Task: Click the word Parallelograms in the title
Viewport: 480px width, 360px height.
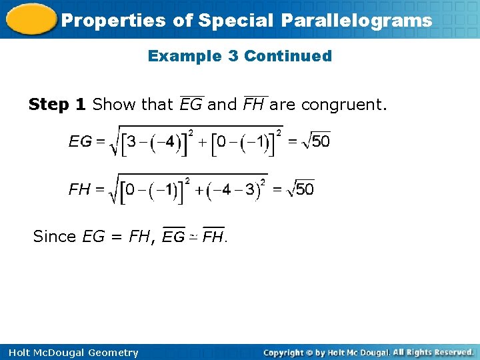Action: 357,21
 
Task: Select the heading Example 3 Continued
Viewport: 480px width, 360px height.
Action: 239,56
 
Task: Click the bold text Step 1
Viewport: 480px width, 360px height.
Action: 57,104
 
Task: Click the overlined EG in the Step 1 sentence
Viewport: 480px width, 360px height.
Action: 191,104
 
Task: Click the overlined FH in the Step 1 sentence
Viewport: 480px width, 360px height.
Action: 254,104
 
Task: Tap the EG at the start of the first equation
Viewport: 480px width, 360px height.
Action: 81,141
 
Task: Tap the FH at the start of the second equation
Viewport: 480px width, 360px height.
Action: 80,189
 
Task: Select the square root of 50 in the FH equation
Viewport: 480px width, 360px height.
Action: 300,189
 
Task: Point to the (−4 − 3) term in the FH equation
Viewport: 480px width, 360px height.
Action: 237,191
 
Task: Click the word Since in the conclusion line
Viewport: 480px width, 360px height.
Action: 55,236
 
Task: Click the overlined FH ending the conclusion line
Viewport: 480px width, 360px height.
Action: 213,236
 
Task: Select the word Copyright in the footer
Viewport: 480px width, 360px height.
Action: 283,353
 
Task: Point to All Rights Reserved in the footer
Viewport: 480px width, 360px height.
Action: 433,352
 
